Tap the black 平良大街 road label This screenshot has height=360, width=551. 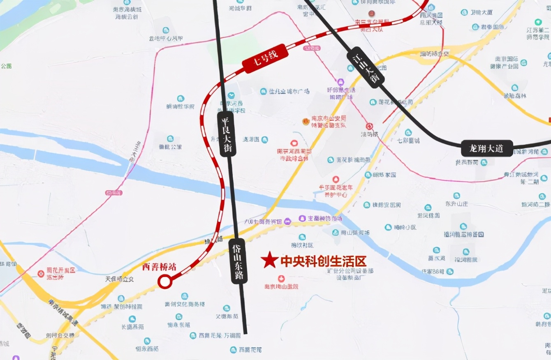click(227, 134)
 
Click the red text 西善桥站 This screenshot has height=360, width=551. click(160, 267)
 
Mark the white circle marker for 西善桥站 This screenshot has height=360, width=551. click(165, 282)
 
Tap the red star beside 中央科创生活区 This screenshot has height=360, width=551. click(270, 260)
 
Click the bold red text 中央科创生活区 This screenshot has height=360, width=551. click(323, 261)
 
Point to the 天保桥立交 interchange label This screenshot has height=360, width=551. click(120, 279)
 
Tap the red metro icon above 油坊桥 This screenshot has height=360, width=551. click(369, 126)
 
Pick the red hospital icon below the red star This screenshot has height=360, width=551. click(281, 279)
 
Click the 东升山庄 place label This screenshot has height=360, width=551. click(456, 204)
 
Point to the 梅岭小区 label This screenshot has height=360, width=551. click(405, 227)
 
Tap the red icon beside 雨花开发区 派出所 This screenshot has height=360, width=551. click(41, 273)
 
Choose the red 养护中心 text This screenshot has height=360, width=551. click(333, 195)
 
